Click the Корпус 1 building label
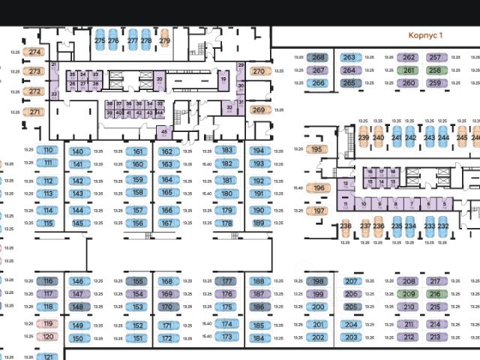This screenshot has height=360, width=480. pos(425,35)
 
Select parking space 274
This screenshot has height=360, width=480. pos(34,52)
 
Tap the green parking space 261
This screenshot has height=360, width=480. pos(408,70)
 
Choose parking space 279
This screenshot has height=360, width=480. pos(164,40)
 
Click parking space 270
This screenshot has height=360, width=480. pos(258,71)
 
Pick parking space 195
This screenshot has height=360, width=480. pos(316,149)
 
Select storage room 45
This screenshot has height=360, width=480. pos(164,132)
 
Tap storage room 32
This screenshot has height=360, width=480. pos(229,108)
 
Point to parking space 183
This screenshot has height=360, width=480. pos(226,150)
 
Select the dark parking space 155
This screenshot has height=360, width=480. pos(137,282)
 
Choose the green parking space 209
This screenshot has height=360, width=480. pos(408,294)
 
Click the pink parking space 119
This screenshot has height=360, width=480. pos(48,324)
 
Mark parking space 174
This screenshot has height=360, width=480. pos(226,325)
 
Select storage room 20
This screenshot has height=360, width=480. pos(159,79)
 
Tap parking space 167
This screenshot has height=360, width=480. pos(166,223)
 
